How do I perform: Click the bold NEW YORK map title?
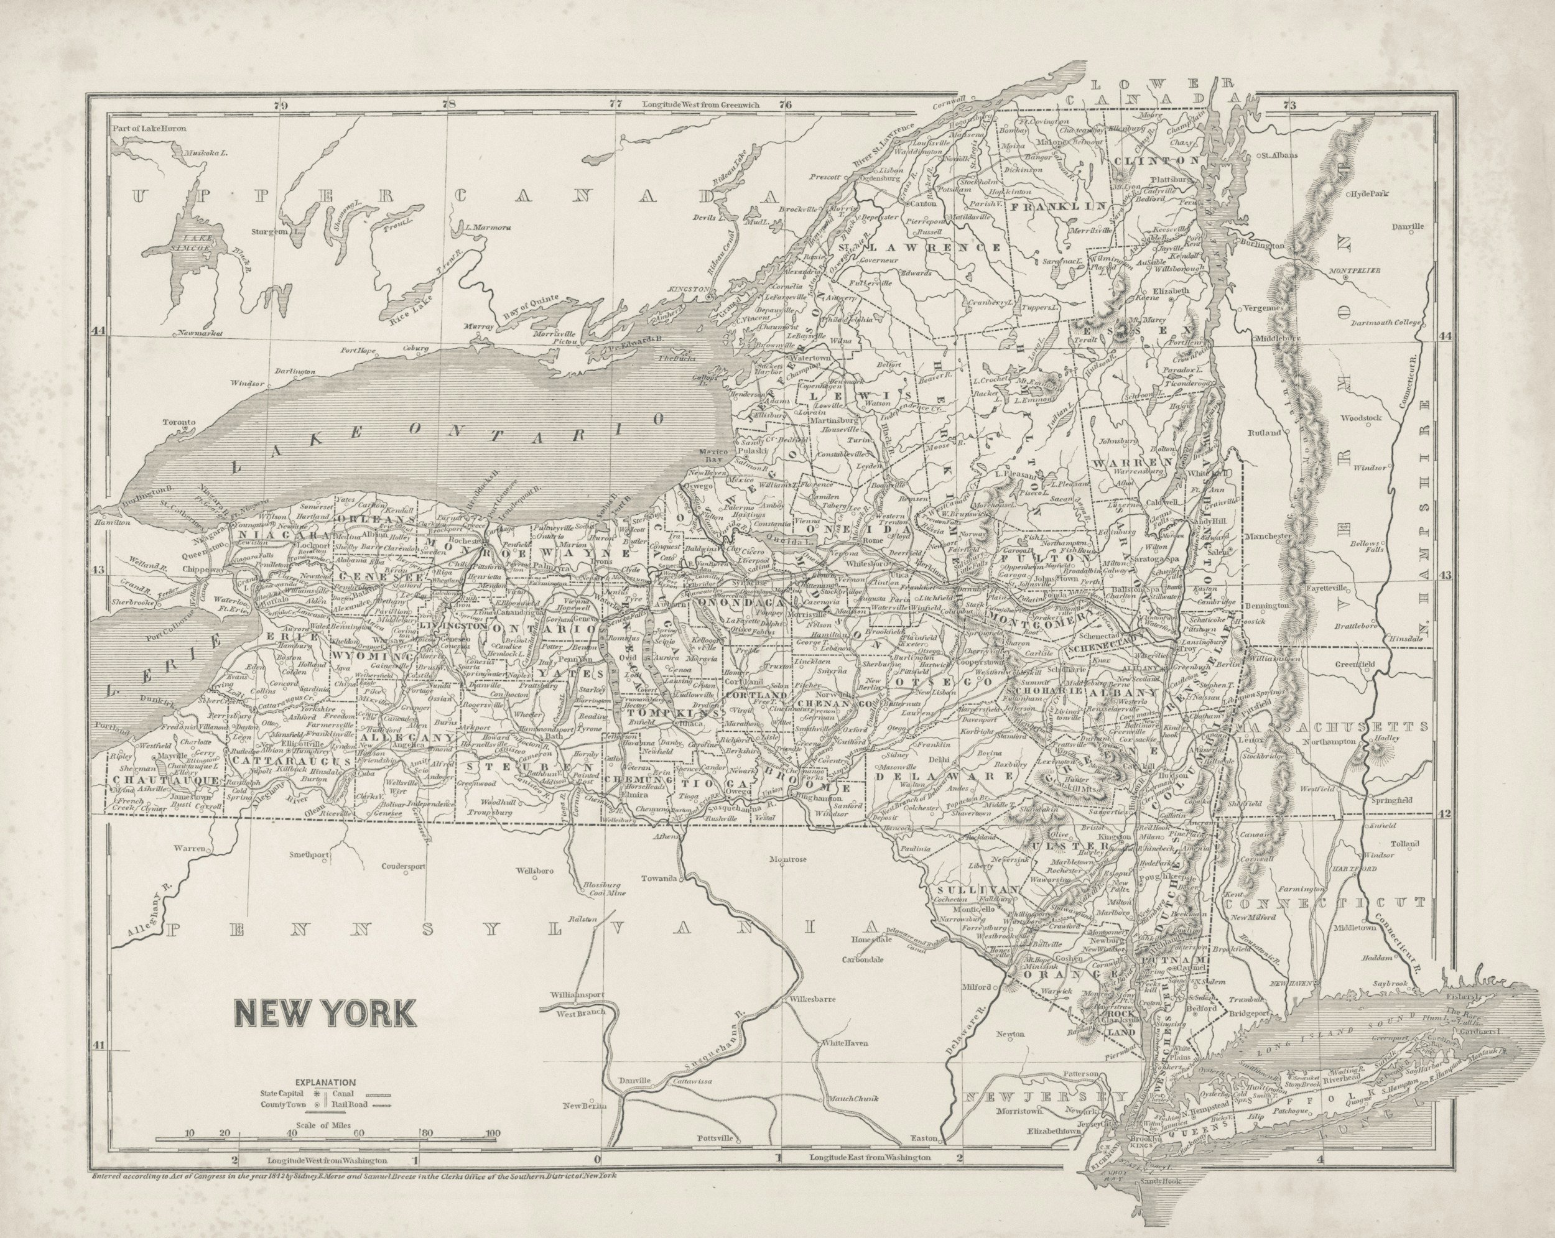(x=324, y=1013)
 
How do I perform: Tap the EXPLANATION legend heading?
(x=325, y=1083)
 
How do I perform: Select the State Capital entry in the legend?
(x=284, y=1093)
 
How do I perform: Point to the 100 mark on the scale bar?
(x=493, y=1134)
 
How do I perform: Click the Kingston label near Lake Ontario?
(x=690, y=289)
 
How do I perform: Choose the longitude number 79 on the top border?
(x=281, y=105)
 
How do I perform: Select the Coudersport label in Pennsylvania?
(x=403, y=866)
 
